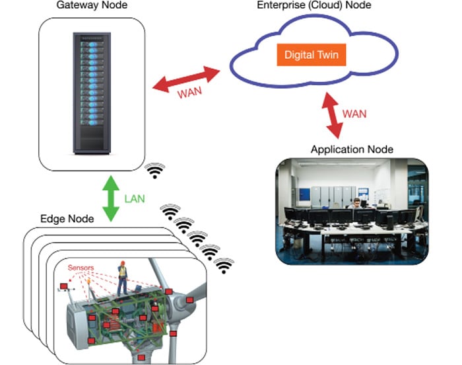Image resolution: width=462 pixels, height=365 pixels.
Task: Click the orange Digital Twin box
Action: [x=311, y=54]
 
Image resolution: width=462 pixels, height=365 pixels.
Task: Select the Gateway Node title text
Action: [x=92, y=6]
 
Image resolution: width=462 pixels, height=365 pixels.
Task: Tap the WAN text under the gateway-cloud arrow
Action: [x=190, y=93]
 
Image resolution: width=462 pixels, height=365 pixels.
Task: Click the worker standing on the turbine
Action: [x=121, y=278]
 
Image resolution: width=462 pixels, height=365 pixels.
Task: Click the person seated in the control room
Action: [x=357, y=204]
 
